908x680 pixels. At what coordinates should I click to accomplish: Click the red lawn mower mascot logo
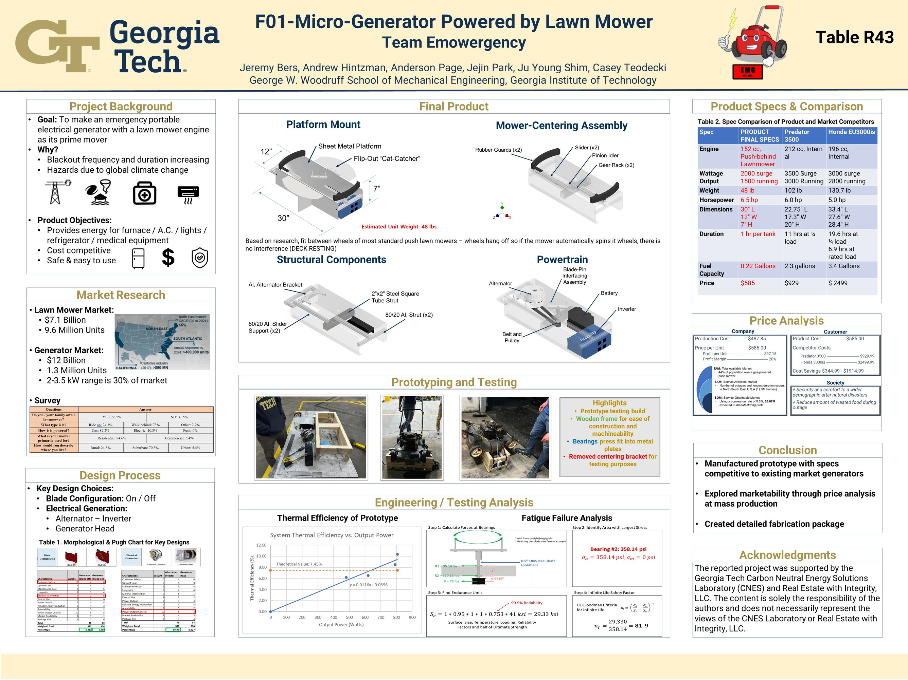[753, 41]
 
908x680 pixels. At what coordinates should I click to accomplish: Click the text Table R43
[854, 37]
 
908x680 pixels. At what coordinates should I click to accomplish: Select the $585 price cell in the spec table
[748, 283]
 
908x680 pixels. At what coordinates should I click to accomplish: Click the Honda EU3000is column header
[851, 132]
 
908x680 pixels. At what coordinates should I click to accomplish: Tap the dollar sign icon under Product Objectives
[168, 258]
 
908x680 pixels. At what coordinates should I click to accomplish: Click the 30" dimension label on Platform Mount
[283, 218]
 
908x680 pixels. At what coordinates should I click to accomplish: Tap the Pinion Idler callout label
[605, 155]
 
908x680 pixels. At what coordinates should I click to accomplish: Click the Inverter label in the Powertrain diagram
[627, 309]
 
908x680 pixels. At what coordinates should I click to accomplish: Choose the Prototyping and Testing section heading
[453, 382]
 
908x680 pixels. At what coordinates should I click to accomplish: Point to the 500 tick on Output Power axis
[349, 617]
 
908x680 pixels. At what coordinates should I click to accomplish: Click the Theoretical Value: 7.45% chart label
[299, 564]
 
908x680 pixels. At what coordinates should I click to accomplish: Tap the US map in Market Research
[162, 342]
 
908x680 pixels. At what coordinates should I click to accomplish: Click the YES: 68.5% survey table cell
[112, 417]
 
